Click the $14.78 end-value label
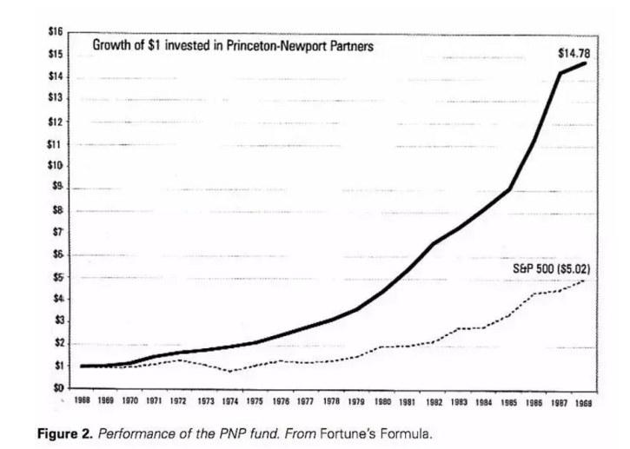(x=574, y=53)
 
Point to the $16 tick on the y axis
(x=56, y=32)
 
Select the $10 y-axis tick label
(x=56, y=165)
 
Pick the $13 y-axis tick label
(x=56, y=98)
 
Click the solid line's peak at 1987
(x=560, y=73)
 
